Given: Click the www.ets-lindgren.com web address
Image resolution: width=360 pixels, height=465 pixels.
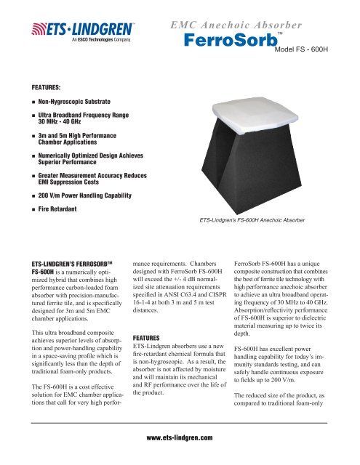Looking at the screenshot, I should coord(179,439).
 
